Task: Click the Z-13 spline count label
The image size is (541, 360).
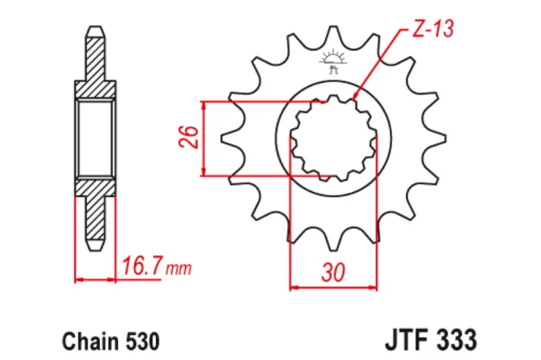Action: (430, 30)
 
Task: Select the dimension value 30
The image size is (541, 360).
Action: (332, 272)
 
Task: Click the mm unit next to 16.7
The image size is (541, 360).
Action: (178, 269)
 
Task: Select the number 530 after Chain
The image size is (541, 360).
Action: (140, 339)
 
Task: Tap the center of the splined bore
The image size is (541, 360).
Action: (332, 140)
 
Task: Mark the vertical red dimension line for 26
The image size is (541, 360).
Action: (203, 138)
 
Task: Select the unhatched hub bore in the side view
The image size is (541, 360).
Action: (94, 139)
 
